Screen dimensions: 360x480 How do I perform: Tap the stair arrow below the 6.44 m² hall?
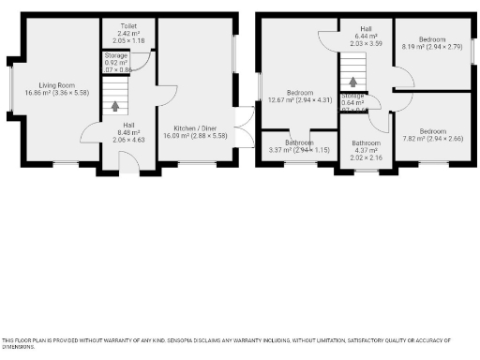[x=353, y=82]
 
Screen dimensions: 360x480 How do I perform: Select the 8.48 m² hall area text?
[x=128, y=131]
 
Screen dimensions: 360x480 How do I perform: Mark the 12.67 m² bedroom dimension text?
[x=299, y=99]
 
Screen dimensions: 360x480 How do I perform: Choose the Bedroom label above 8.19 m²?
[x=432, y=38]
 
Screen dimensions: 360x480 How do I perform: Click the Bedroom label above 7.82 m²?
[x=432, y=130]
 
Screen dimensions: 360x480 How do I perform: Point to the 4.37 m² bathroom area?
[x=365, y=150]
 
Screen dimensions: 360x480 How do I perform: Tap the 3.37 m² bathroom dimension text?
[x=299, y=149]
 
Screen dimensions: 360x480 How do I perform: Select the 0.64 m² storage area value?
[x=353, y=102]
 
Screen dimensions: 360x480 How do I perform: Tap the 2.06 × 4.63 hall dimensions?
[x=128, y=139]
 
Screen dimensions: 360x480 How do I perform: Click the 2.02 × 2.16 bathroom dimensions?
[x=365, y=157]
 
